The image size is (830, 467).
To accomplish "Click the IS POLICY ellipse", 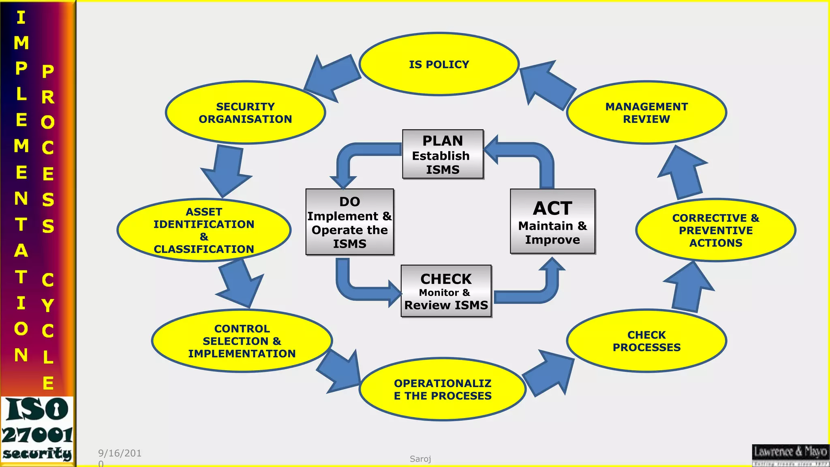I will tap(439, 64).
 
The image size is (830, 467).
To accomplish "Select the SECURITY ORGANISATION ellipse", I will tap(245, 113).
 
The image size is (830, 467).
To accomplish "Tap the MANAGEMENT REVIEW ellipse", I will tap(646, 113).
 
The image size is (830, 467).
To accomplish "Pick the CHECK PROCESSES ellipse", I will tap(646, 341).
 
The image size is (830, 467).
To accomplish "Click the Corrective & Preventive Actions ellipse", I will tap(716, 230).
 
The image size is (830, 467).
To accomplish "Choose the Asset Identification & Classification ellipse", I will tap(204, 230).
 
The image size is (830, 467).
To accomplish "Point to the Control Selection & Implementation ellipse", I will tap(242, 341).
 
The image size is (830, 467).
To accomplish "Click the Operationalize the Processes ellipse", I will tap(443, 389).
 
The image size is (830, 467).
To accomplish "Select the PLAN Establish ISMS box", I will tap(443, 154).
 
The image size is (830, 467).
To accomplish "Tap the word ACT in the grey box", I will tap(552, 208).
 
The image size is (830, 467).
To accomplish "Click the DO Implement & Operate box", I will tap(349, 222).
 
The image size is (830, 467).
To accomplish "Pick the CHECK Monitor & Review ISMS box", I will tap(446, 291).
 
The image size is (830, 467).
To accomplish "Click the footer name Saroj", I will tap(420, 459).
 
